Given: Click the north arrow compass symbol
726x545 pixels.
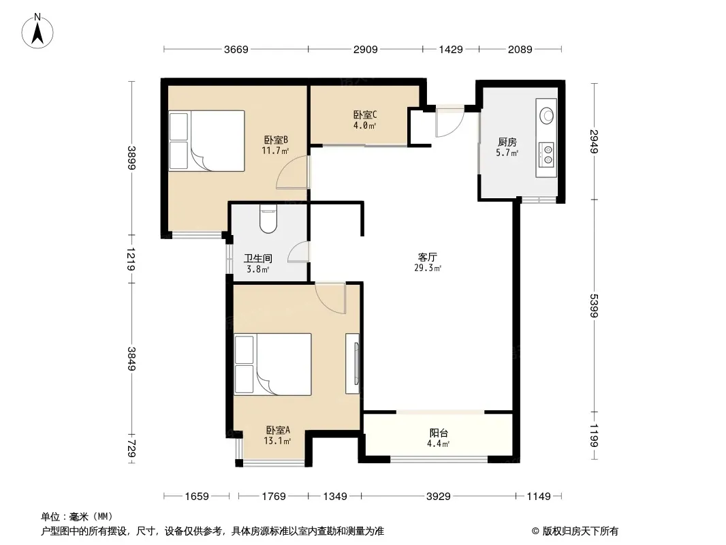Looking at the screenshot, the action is [x=37, y=31].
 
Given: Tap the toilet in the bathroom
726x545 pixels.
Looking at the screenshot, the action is [x=268, y=218].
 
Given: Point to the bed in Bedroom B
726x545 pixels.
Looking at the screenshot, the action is [x=206, y=141].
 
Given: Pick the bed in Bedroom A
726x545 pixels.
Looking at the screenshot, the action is [x=272, y=364].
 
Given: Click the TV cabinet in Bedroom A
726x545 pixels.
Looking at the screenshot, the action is [x=353, y=364].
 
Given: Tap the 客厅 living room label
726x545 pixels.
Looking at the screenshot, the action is [x=427, y=257].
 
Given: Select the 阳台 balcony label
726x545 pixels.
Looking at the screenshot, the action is [x=439, y=433].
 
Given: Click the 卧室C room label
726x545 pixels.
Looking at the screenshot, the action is [x=365, y=114].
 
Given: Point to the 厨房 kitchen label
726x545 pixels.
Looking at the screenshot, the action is [x=507, y=142].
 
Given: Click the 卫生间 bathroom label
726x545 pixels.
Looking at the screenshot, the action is [x=258, y=258].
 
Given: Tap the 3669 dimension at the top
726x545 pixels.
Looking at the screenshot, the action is [x=236, y=49].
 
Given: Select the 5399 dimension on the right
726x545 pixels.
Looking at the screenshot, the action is [x=594, y=305].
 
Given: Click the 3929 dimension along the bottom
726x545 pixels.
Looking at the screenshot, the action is [x=439, y=497].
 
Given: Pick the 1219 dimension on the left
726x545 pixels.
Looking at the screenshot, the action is [x=131, y=260].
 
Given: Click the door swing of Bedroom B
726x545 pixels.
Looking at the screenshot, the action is [x=293, y=172].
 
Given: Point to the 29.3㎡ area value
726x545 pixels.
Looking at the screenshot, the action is [x=428, y=268].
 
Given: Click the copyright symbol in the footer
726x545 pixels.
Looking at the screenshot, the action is [x=535, y=531].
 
